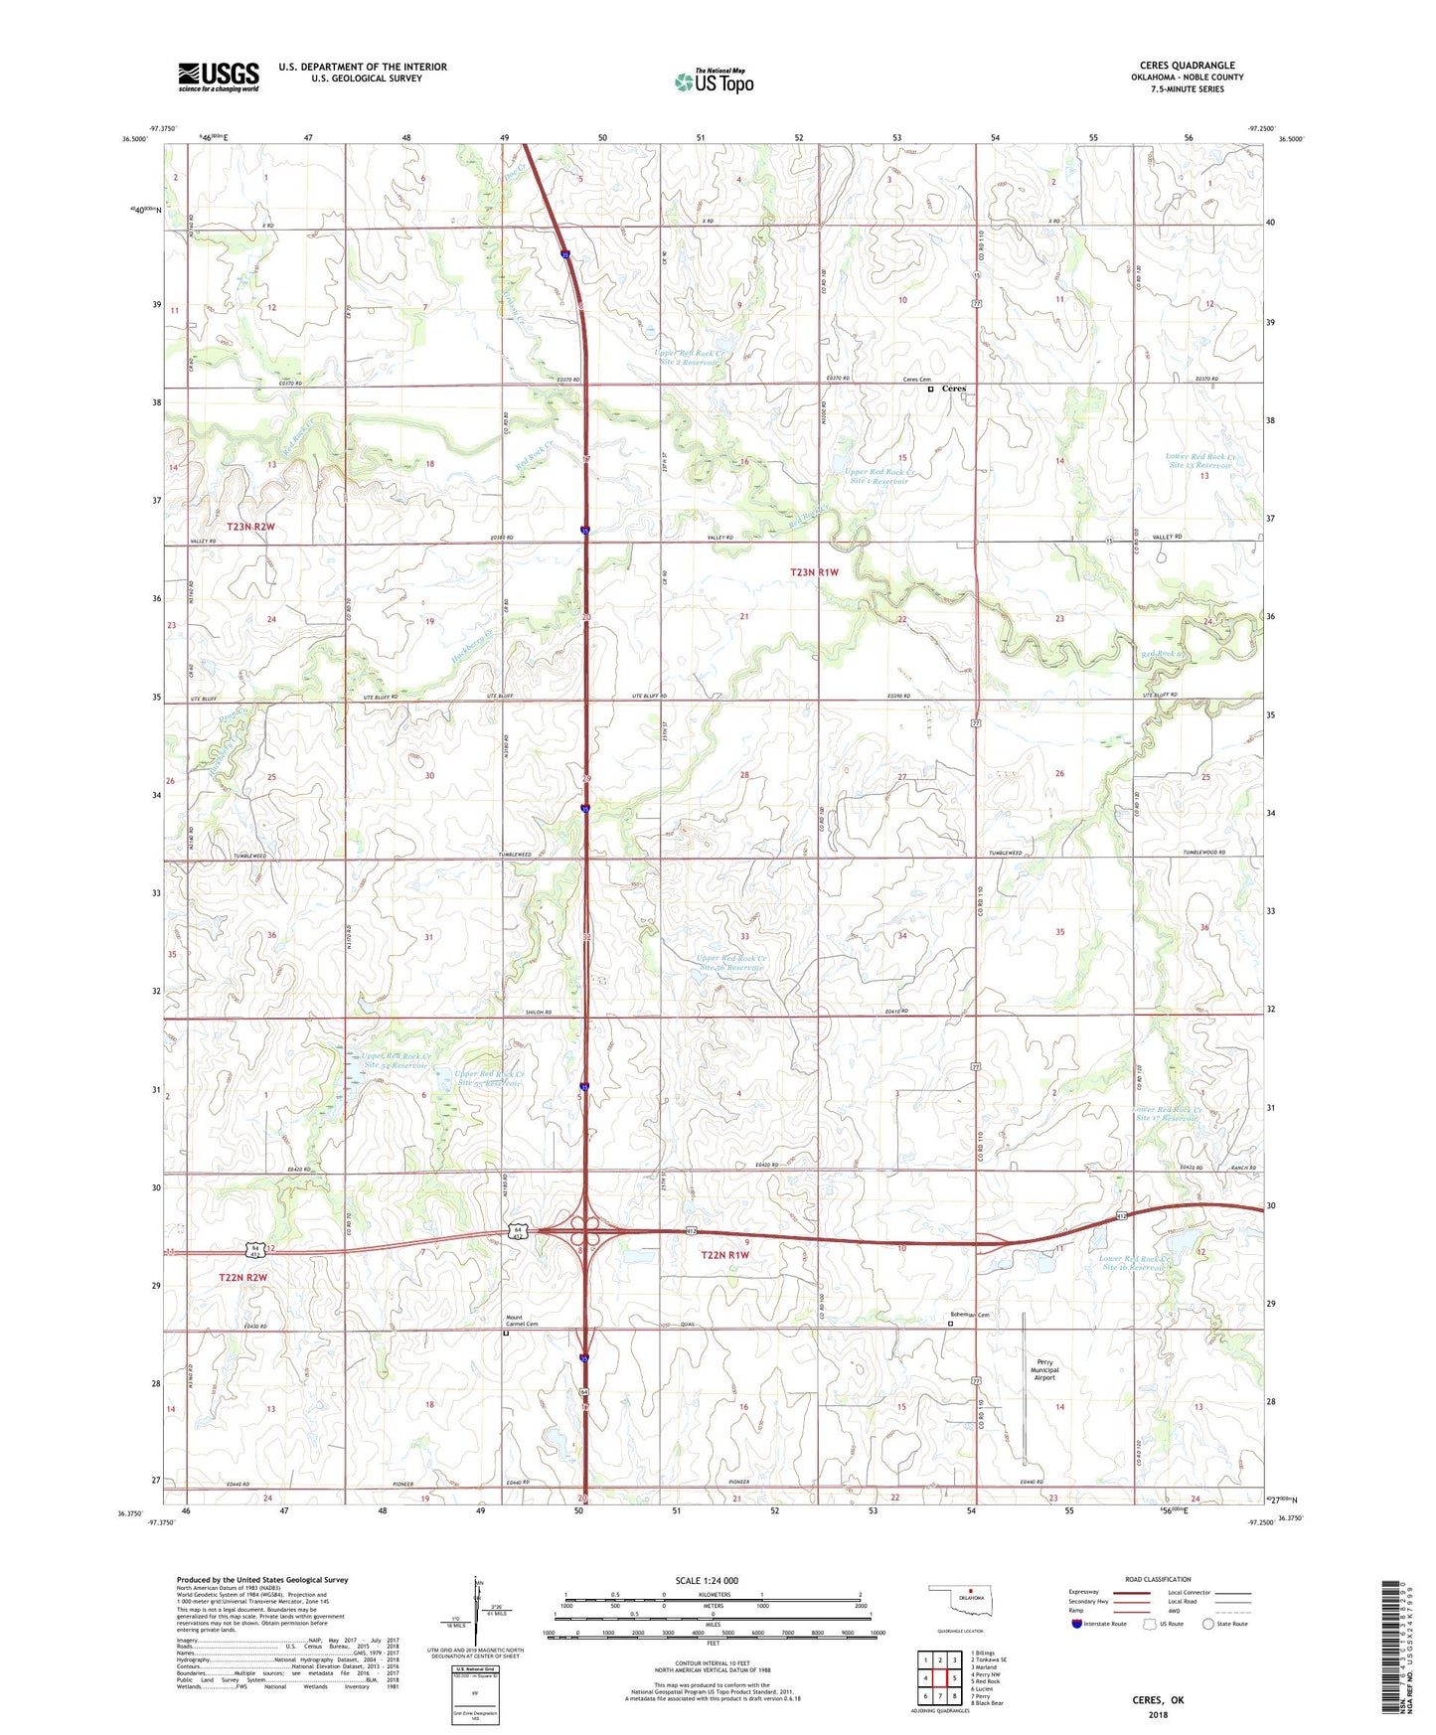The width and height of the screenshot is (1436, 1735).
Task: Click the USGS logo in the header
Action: [x=218, y=77]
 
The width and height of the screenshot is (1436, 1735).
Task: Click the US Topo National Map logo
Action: [x=714, y=80]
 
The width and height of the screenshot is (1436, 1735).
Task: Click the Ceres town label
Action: [x=953, y=389]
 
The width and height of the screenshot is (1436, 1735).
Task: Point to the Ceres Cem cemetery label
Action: [x=916, y=380]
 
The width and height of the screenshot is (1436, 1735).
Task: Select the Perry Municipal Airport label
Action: [x=1044, y=1369]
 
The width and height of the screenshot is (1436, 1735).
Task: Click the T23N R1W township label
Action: [x=814, y=572]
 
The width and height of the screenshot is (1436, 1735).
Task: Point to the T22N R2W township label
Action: [x=242, y=1277]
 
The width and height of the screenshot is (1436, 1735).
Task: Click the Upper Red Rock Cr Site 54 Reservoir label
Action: [x=396, y=1060]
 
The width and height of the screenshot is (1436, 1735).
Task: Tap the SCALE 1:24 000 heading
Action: [x=707, y=1580]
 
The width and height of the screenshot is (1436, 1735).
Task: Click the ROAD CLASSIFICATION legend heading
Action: [x=1158, y=1579]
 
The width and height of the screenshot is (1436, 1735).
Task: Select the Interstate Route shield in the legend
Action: [x=1077, y=1624]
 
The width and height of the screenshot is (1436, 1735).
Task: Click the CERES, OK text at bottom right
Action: [x=1158, y=1700]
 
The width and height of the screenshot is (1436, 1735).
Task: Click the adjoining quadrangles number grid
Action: [x=939, y=1675]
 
